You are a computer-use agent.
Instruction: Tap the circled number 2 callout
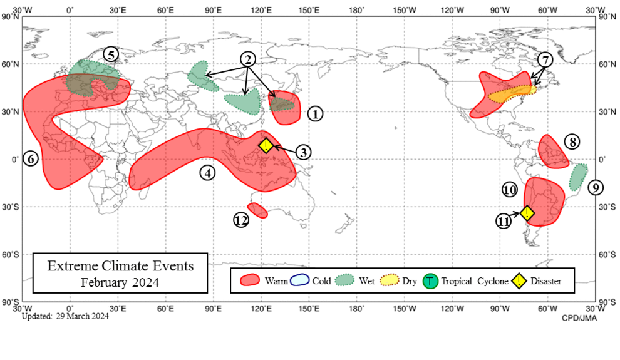[249, 59]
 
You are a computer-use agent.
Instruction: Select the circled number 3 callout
[303, 152]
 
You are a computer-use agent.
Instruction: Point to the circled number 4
[207, 172]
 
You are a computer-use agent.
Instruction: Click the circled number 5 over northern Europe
[111, 54]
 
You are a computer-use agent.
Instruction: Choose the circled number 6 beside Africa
[31, 158]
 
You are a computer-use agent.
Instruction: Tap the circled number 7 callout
[545, 60]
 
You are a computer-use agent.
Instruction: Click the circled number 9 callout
[596, 187]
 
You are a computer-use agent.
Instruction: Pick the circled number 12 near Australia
[242, 220]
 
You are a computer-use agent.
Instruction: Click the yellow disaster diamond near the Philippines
[266, 146]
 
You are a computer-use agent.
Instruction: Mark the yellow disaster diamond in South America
[527, 213]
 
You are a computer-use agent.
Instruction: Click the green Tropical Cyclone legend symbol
[430, 281]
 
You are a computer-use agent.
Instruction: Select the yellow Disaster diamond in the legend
[520, 281]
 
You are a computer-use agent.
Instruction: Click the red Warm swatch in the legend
[250, 280]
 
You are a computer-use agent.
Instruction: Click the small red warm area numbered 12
[257, 210]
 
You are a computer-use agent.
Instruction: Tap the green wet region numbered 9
[578, 177]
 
